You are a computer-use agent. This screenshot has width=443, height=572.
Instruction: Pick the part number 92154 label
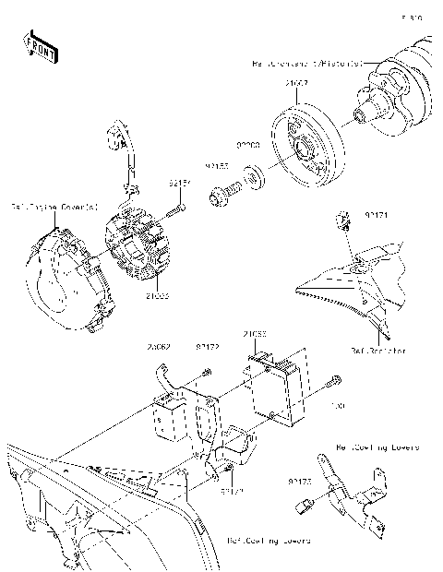pos(179,184)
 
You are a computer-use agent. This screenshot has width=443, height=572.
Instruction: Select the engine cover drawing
pos(65,277)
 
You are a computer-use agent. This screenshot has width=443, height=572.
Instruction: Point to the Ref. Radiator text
pos(377,351)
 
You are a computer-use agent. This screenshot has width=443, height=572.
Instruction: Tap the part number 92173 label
pos(298,481)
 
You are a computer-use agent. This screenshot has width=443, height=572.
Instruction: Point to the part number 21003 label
pos(157,297)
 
